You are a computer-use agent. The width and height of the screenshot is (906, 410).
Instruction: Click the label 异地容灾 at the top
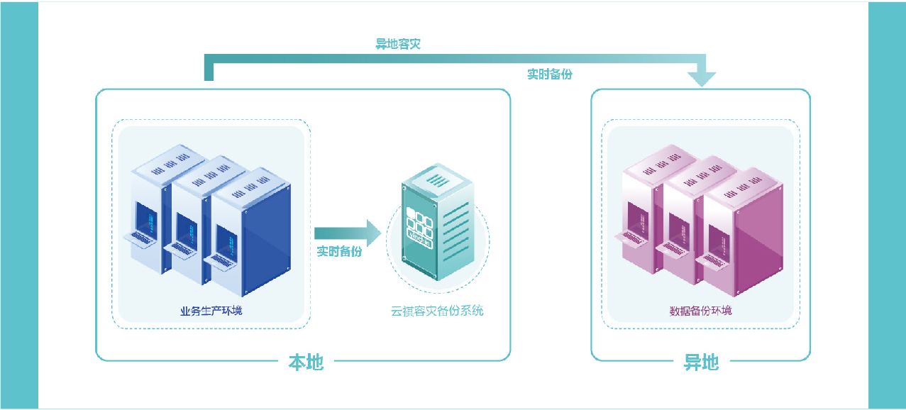[x=398, y=44]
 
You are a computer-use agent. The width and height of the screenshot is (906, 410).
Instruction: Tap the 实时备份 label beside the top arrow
[x=549, y=74]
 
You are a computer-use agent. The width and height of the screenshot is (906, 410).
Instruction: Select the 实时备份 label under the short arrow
[x=339, y=251]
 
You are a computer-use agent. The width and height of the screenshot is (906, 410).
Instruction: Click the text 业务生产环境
[x=211, y=311]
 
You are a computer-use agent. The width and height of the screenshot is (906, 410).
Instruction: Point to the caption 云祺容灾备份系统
[x=437, y=311]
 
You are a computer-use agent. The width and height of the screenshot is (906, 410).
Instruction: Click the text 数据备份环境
[x=700, y=311]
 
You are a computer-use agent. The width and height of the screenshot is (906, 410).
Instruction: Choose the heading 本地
[x=306, y=362]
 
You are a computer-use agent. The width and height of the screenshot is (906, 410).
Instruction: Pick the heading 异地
[x=701, y=362]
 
